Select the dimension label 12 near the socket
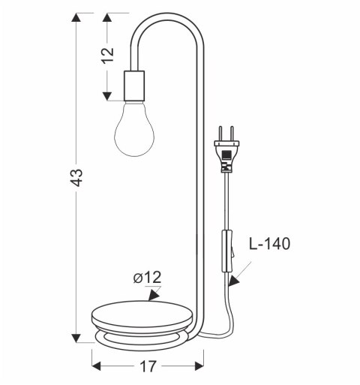(x=107, y=54)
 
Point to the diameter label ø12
(x=147, y=278)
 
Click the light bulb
(x=135, y=129)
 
